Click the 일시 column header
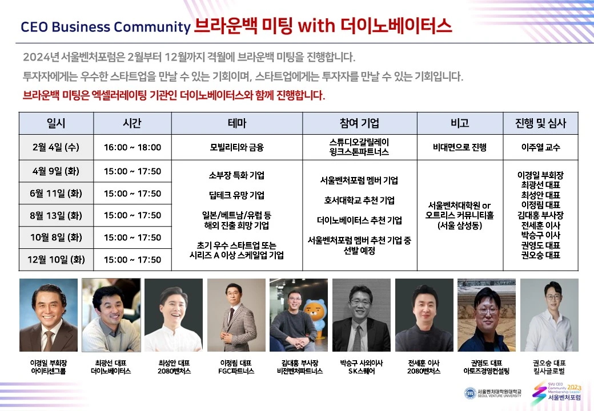(56, 123)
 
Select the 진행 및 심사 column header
(540, 123)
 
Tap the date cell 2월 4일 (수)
(56, 147)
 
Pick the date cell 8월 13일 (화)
(56, 215)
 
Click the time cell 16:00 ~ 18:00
(133, 147)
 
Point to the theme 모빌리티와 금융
(237, 147)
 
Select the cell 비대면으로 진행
(460, 147)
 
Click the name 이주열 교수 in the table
(540, 147)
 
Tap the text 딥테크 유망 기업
(237, 195)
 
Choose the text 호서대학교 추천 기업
(359, 200)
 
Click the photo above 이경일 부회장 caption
(49, 315)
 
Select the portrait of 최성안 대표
(174, 315)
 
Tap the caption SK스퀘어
(362, 371)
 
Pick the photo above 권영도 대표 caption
(487, 315)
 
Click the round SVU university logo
(470, 393)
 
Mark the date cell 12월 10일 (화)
(56, 260)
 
